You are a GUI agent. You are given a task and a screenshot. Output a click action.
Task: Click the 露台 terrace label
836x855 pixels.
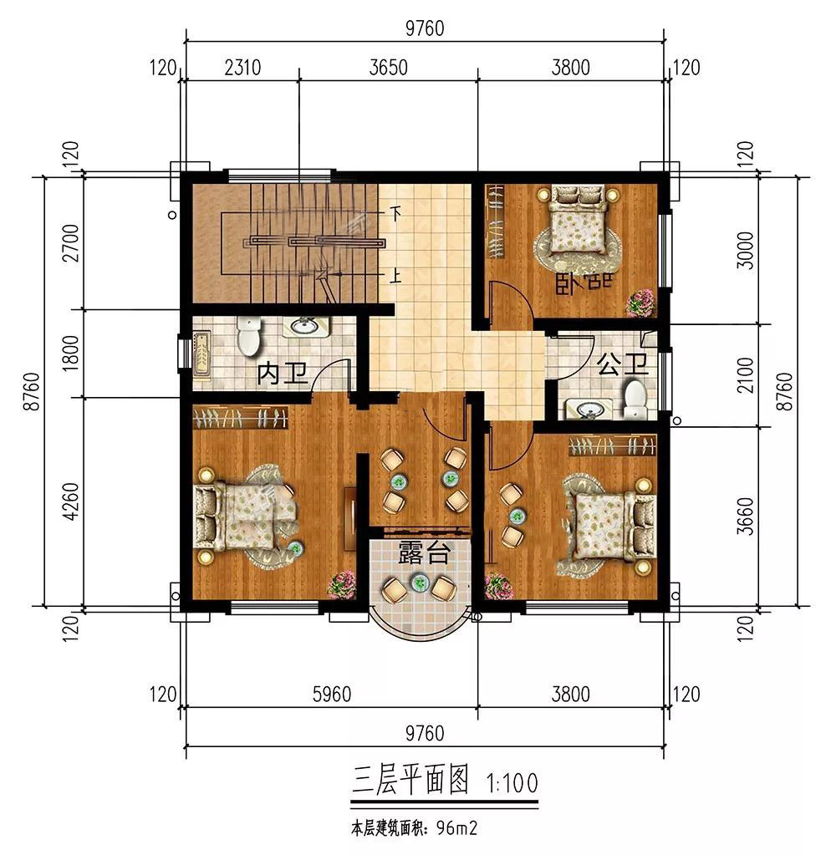click(x=424, y=552)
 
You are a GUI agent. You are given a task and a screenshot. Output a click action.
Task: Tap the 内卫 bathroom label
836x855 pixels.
click(x=283, y=374)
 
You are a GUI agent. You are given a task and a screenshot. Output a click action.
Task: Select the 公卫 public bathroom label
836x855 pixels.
click(x=622, y=364)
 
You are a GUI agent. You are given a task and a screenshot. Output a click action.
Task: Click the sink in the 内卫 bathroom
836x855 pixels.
click(x=305, y=327)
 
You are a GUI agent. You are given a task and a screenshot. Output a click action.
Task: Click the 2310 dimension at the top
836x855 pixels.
click(x=242, y=68)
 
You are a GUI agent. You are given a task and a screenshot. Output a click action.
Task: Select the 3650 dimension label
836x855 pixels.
click(x=388, y=68)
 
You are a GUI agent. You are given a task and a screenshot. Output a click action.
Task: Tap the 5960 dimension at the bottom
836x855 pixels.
click(x=332, y=695)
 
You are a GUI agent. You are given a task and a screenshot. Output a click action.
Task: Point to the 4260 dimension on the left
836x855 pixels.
click(x=71, y=501)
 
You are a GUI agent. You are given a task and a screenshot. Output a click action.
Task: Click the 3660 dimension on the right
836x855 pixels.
click(x=745, y=516)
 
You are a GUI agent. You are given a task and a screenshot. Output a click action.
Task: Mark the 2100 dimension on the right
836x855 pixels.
click(x=745, y=374)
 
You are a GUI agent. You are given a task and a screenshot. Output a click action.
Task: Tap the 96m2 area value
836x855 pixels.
click(x=457, y=829)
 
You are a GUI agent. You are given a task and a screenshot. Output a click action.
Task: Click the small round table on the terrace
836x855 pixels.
click(x=420, y=583)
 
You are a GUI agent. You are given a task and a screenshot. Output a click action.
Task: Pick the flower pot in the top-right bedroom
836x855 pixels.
click(x=640, y=303)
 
